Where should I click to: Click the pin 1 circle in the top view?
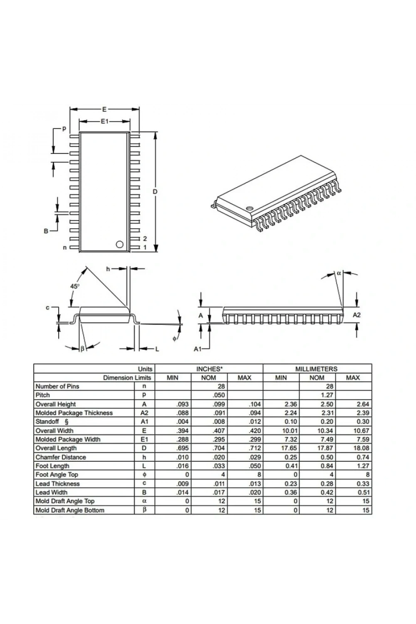(119, 244)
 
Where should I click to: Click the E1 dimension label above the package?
(104, 121)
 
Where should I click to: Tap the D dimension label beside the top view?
(155, 192)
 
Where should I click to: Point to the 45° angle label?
(75, 286)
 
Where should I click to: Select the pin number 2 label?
(145, 239)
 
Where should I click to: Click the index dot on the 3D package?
(249, 208)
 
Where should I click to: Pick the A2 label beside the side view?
(357, 315)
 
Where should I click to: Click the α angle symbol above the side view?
(339, 273)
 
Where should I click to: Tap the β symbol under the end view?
(82, 349)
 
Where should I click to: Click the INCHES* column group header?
(209, 369)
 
